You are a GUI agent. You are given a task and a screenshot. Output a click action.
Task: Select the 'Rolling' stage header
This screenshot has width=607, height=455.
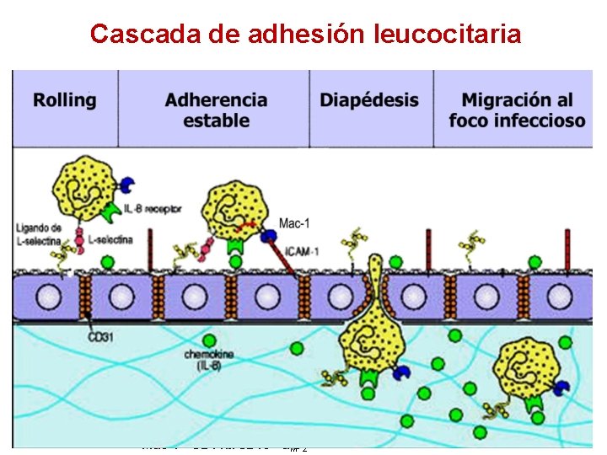click(x=65, y=100)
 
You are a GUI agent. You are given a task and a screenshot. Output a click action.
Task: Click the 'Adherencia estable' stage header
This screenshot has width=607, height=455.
click(x=216, y=110)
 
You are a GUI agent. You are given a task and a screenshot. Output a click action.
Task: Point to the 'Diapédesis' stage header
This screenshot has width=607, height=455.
click(x=369, y=100)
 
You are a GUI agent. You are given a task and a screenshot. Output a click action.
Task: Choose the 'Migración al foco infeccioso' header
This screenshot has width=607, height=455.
click(x=518, y=110)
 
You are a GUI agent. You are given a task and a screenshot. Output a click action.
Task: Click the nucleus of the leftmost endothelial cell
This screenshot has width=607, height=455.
click(x=49, y=297)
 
